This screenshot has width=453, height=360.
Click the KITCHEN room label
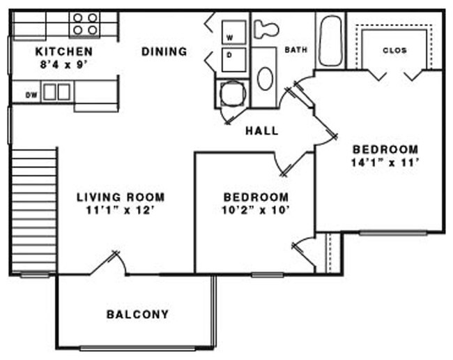[64, 52]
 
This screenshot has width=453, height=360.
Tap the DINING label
[164, 52]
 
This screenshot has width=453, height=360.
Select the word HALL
[261, 130]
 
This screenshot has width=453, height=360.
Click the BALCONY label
[137, 315]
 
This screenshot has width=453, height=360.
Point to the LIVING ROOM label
[121, 197]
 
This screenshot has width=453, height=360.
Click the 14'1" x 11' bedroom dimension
[385, 163]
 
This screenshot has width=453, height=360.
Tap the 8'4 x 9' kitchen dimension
[64, 64]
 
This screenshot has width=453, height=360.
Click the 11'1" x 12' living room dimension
[121, 210]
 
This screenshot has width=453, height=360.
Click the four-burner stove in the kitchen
[85, 24]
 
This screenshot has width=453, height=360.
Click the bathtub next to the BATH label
[329, 40]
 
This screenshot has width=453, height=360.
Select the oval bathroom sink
[265, 78]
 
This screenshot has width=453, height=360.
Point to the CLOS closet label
[394, 51]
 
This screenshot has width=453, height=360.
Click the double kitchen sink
[56, 91]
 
